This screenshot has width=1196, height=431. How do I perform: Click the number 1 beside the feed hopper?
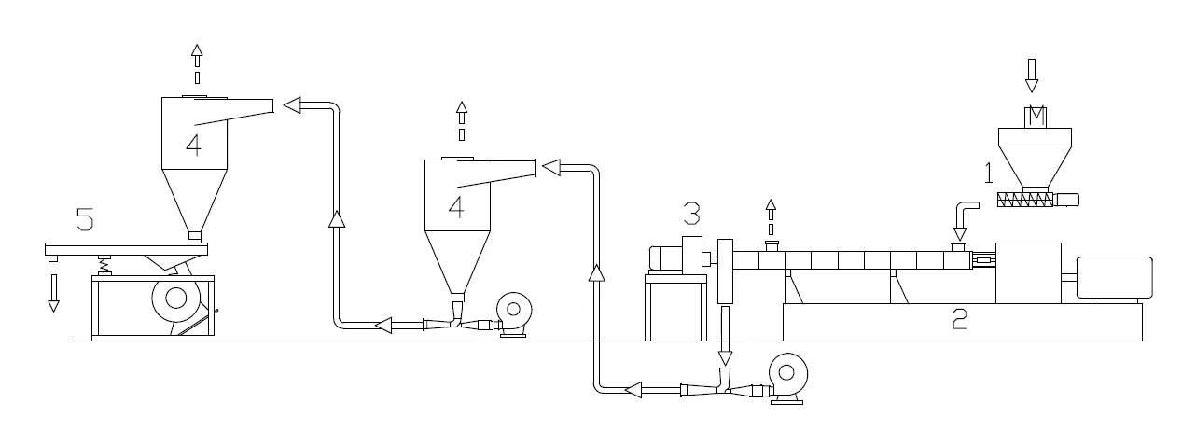coord(986,172)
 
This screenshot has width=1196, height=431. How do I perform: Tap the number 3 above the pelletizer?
coord(691,215)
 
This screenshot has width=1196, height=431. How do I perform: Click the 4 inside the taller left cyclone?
coord(192,146)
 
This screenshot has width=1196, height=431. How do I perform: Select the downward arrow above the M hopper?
coord(1032,75)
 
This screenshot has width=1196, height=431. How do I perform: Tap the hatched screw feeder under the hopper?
coord(1026,200)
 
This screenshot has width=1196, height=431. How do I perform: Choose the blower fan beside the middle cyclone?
coord(513,311)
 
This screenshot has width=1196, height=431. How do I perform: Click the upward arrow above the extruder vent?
coord(771,215)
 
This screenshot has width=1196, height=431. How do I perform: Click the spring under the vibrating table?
coord(105,265)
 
